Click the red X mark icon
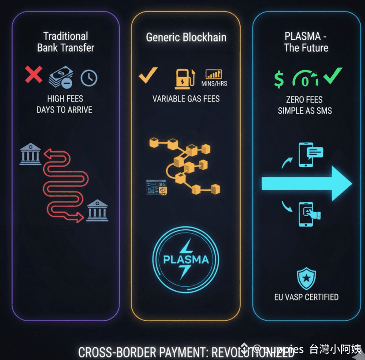tap(34, 74)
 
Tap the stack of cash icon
tap(61, 78)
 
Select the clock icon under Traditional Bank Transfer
tap(89, 78)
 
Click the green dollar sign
tap(279, 79)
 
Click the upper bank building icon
tap(30, 154)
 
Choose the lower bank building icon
tap(97, 210)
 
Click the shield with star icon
tap(306, 278)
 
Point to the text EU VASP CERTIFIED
tap(306, 296)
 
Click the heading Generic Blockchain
tap(186, 37)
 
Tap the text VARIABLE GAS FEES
tap(186, 98)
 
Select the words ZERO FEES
tap(304, 99)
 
